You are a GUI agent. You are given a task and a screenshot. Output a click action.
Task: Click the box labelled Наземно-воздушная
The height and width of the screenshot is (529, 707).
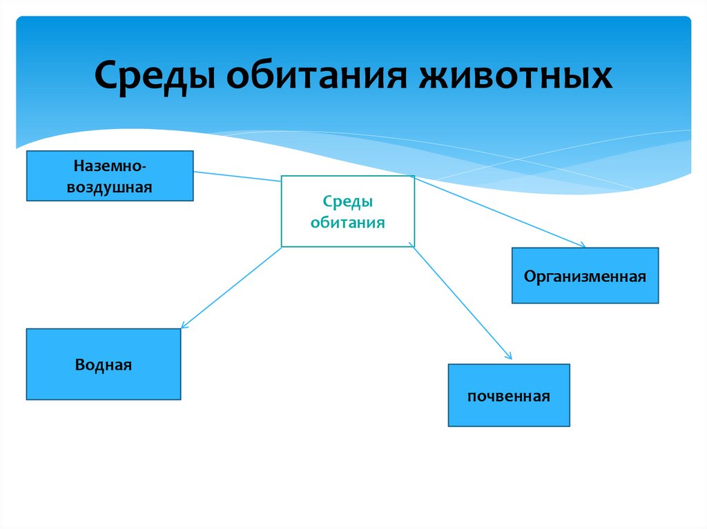(x=110, y=176)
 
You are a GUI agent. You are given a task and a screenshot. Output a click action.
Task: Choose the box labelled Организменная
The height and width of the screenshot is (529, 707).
(x=585, y=275)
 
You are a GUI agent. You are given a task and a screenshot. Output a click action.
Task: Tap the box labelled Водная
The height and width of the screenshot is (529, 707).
(x=104, y=364)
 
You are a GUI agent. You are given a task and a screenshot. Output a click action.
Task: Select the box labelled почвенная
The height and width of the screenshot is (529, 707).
(x=509, y=395)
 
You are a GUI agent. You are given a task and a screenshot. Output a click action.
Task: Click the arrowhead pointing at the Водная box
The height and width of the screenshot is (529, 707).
(x=184, y=325)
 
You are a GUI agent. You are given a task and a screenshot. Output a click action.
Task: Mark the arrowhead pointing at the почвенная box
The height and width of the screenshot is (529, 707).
(x=509, y=357)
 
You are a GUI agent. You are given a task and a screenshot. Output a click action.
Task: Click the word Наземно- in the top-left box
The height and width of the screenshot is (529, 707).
(x=110, y=166)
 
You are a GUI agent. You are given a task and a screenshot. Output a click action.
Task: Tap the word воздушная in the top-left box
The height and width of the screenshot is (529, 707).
(x=110, y=186)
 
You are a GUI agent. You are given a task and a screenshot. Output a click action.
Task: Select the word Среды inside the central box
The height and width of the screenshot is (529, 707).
(x=347, y=202)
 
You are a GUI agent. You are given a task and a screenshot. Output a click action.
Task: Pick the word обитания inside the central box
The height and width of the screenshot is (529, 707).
(x=347, y=222)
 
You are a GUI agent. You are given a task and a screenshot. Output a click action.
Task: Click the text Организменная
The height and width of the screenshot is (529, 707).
(x=585, y=277)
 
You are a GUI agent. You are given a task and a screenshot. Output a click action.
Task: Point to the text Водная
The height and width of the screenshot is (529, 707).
(x=104, y=364)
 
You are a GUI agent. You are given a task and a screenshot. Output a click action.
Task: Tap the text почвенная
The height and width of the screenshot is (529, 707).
(x=509, y=397)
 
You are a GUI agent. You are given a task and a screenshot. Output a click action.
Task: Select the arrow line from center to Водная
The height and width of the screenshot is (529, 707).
(x=232, y=286)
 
